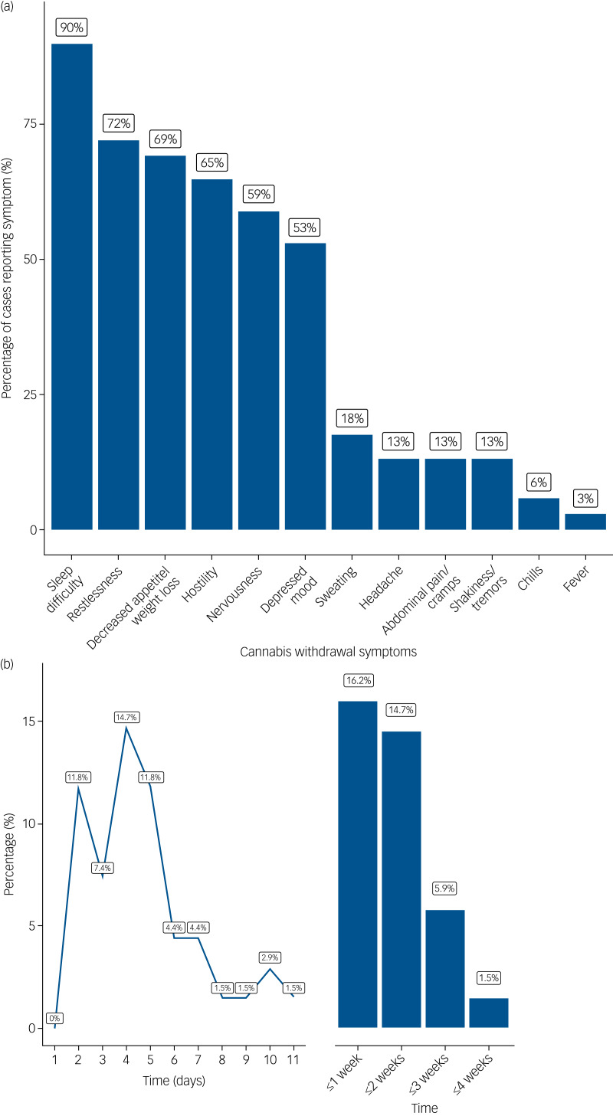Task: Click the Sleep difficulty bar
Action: coord(72,286)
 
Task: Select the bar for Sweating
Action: coord(352,482)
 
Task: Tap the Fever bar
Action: coord(585,521)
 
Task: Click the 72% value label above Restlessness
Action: coord(119,123)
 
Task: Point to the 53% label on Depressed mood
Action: coord(305,227)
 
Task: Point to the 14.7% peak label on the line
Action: coord(127,717)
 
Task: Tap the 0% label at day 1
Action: coord(54,1018)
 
